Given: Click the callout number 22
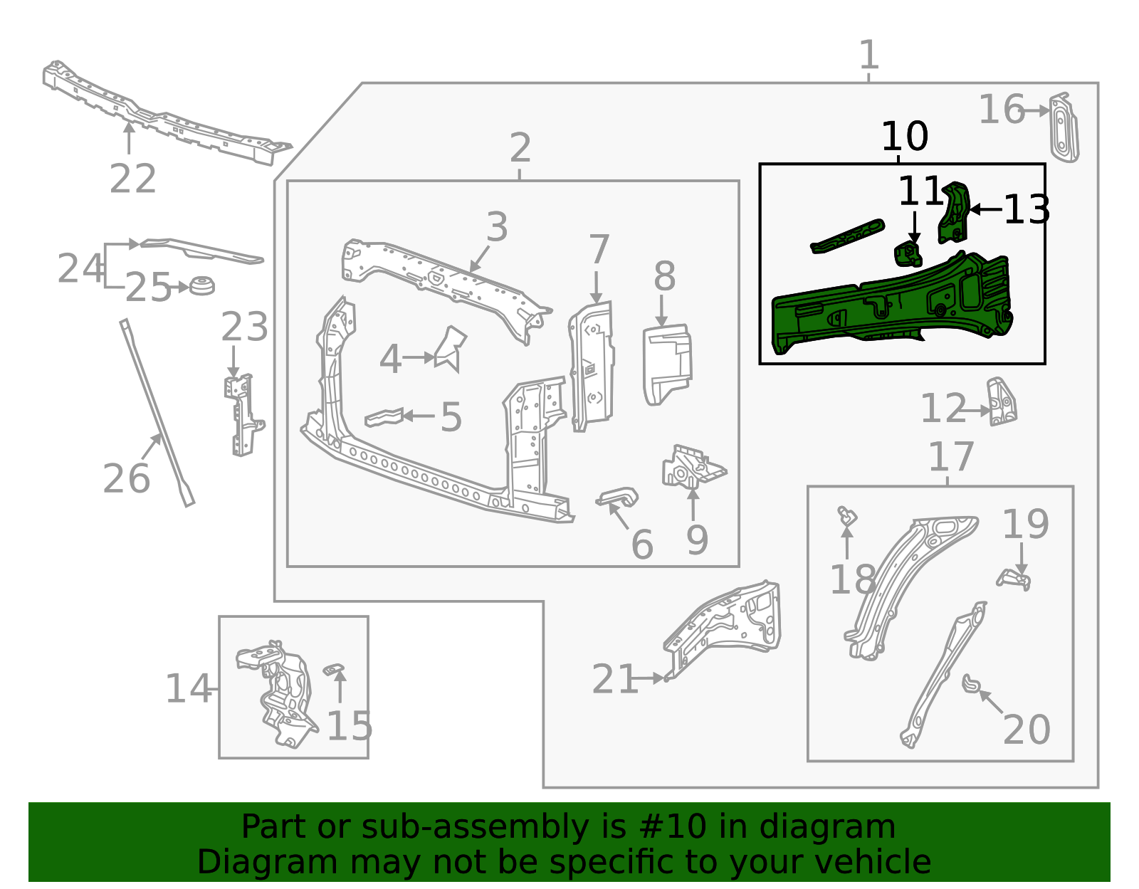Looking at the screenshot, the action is [x=132, y=179].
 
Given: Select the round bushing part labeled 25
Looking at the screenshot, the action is [x=201, y=285].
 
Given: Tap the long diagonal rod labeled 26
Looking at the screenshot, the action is [x=157, y=413].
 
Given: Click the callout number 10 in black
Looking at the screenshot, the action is [x=904, y=136].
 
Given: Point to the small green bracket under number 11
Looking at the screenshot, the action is [x=908, y=254].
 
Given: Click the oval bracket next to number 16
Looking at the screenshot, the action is [x=1063, y=128].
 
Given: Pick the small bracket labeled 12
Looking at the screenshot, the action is [x=1001, y=402].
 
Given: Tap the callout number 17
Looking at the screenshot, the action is [x=950, y=457].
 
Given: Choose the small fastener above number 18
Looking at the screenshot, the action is [x=846, y=516].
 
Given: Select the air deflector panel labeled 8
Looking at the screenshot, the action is [x=666, y=363].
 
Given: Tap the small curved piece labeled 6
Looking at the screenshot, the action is [x=618, y=497].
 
